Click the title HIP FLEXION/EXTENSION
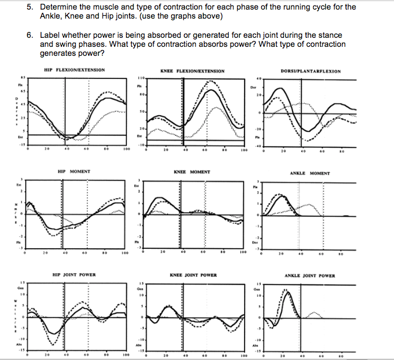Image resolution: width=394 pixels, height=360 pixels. pos(74,71)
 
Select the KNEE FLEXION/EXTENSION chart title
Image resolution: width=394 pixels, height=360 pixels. pos(192,71)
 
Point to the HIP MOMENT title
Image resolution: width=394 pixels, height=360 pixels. pos(74,171)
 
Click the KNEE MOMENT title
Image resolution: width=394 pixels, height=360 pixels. pos(192,172)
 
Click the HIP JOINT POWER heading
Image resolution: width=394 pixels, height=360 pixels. pos(74,275)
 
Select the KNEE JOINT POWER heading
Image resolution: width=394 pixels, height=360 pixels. pos(192,275)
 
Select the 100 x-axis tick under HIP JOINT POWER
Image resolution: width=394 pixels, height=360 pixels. pos(127,356)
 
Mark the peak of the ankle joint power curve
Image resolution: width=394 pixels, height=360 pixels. pos(286,291)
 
